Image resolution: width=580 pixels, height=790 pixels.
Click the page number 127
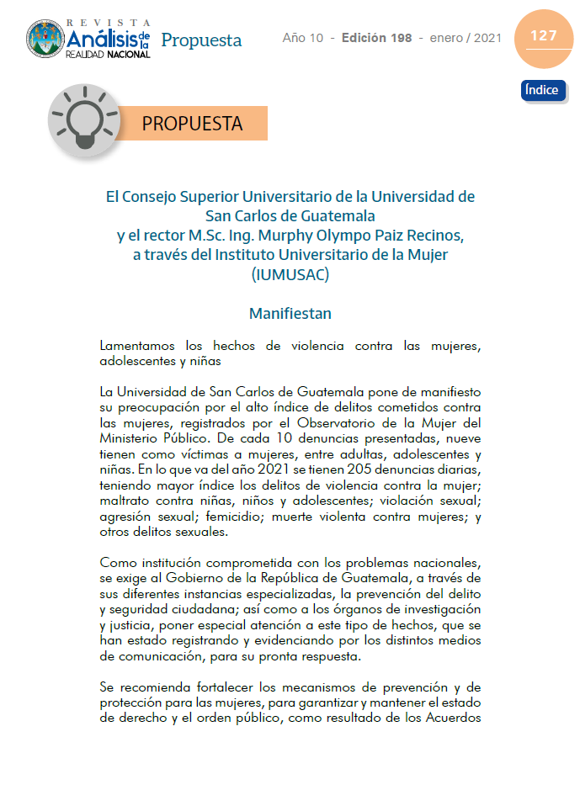pos(543,35)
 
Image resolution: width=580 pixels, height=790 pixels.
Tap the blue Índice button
pos(543,90)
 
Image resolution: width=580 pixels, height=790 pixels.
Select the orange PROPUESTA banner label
pos(192,124)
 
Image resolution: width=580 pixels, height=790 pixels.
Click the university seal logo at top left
pos(45,38)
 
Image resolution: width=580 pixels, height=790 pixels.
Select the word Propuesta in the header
pos(201,40)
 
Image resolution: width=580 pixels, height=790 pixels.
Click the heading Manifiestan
pos(290,314)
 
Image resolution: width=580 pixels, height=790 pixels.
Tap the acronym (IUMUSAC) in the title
pos(290,273)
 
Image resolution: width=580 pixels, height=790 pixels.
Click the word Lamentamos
pos(136,346)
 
